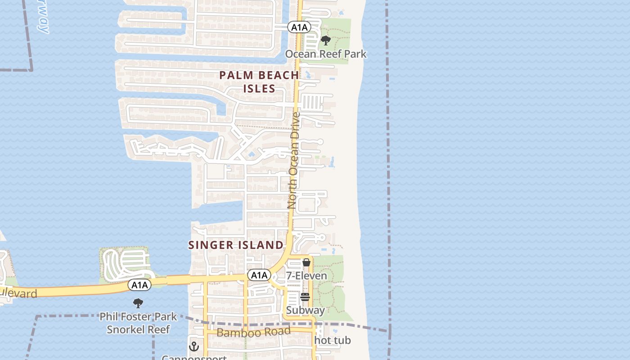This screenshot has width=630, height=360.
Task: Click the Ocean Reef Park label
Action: tap(326, 54)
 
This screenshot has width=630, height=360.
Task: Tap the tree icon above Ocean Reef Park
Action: tap(325, 41)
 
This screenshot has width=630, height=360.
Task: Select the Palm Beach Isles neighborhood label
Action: tap(259, 81)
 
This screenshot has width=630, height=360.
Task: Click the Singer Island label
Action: tap(236, 245)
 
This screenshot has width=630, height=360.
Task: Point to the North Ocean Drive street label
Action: tap(294, 160)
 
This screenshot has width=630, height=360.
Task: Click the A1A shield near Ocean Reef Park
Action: tap(299, 27)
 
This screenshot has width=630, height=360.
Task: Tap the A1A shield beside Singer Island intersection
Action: tap(259, 275)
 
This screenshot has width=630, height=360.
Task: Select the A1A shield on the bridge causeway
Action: tap(139, 284)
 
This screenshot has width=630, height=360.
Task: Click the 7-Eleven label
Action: tap(306, 275)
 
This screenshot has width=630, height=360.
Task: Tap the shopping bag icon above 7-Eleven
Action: tap(306, 262)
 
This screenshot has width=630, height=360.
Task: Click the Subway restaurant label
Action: tap(305, 310)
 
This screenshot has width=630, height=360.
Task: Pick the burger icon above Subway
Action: tap(305, 297)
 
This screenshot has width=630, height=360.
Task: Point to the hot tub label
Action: tap(333, 341)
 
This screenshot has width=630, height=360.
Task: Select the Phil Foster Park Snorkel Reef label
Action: tap(138, 323)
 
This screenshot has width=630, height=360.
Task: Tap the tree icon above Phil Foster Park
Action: tap(138, 303)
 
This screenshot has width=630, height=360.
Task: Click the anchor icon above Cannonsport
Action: tap(194, 346)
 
